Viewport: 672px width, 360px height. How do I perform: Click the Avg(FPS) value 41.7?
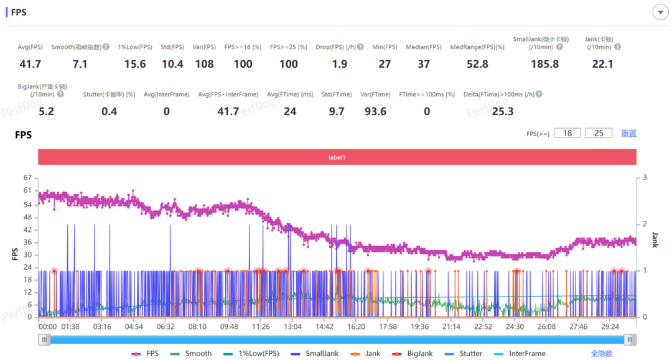30,64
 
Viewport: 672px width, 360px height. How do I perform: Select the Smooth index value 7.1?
80,64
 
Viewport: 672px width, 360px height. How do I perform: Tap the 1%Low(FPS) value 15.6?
135,64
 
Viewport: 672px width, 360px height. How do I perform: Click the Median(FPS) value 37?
424,64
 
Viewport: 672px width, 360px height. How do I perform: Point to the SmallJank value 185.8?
544,64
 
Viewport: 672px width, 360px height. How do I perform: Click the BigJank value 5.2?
46,111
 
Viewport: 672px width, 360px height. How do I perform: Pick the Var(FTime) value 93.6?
375,111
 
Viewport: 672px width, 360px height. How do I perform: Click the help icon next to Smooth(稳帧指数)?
106,47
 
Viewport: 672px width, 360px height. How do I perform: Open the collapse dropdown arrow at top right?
659,12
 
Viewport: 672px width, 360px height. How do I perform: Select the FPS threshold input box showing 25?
599,133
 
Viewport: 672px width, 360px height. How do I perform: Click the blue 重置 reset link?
628,133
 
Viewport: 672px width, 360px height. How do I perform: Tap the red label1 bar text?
337,157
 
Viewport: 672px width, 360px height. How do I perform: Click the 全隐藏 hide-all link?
601,353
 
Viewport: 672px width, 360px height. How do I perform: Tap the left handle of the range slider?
44,339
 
